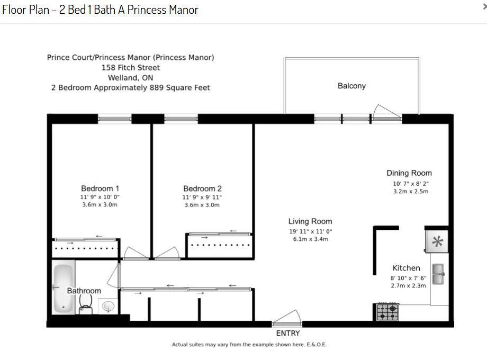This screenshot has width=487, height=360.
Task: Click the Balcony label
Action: coord(351,86)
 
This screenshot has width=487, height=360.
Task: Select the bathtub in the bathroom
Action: coord(64,288)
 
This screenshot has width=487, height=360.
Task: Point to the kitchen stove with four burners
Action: coord(387,312)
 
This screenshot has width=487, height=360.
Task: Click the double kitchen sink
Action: coord(438,274)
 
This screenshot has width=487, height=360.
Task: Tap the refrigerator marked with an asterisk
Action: coord(437,241)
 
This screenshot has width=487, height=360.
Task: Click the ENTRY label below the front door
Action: coord(288,334)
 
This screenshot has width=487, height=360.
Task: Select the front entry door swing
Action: coord(287,318)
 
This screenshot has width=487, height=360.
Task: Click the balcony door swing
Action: coord(386,112)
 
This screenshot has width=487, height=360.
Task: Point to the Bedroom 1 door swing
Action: coord(136,253)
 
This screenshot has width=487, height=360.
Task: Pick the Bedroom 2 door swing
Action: coord(168,253)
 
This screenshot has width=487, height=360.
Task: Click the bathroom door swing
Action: coord(114,275)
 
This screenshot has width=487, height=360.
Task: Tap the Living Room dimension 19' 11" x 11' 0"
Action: coord(311,231)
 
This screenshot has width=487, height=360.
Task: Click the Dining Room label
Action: coord(409,173)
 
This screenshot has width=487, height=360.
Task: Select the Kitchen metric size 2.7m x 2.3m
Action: coord(409,286)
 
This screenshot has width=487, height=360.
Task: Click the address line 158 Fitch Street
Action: coord(131,68)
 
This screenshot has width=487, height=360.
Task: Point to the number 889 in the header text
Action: coord(157,87)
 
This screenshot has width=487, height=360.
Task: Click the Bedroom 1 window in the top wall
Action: coord(115,119)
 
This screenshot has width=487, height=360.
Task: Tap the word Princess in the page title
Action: coord(147,10)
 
